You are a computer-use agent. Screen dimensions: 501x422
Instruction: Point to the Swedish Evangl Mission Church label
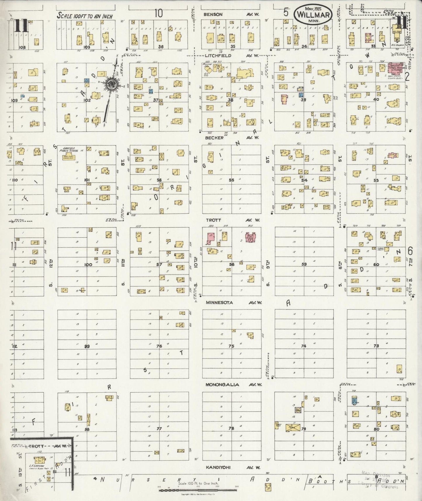click(396, 66)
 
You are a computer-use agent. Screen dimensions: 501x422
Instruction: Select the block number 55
click(231, 180)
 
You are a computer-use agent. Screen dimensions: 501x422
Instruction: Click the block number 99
click(87, 346)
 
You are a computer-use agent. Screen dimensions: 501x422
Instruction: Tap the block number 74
click(304, 346)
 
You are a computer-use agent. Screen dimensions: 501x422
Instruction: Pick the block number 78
click(231, 429)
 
